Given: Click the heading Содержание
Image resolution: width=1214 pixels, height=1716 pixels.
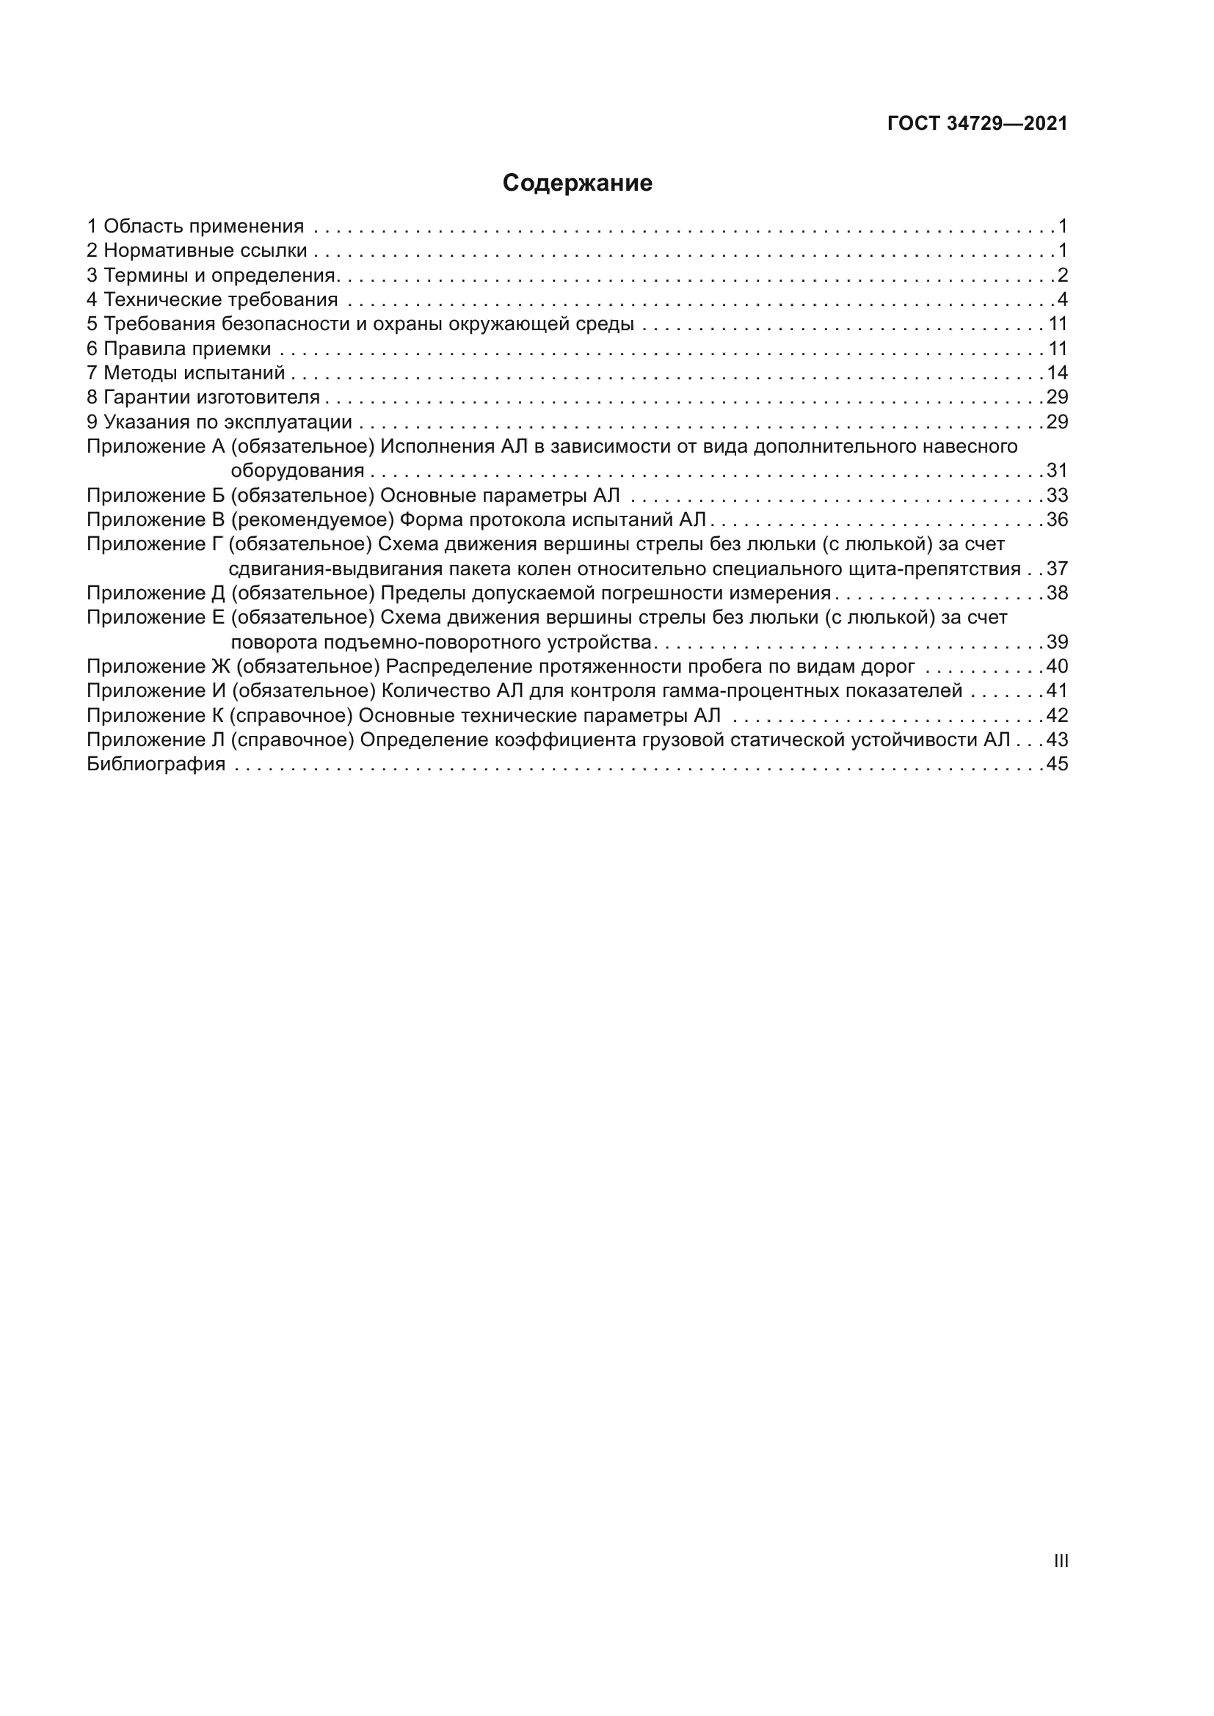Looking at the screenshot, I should pos(577,183).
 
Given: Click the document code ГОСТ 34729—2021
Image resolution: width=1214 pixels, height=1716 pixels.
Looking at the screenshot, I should pos(977,124).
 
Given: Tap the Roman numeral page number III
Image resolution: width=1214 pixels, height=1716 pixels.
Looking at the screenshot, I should pos(1061,1560).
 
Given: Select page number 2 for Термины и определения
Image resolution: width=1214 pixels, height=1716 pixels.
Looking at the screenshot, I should pos(1063,275).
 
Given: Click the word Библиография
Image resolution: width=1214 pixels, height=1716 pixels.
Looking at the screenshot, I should pos(156,764).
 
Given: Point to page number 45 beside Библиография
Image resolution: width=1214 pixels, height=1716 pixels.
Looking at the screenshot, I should pos(1057,764).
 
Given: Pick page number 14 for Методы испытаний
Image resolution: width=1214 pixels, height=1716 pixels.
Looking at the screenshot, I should pos(1057,373).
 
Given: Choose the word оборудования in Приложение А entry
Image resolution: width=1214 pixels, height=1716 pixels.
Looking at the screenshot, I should pos(297,471).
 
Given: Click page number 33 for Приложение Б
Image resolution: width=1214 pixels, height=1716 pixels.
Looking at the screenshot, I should pos(1057,495).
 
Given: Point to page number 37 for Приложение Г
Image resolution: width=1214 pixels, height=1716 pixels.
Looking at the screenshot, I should pos(1057,569).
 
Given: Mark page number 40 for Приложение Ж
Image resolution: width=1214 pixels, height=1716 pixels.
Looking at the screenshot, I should pos(1057,666).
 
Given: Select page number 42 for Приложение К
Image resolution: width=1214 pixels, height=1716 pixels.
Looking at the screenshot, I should pos(1057,715).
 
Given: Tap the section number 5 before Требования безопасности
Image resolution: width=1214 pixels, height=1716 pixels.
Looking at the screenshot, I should pos(92,324).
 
